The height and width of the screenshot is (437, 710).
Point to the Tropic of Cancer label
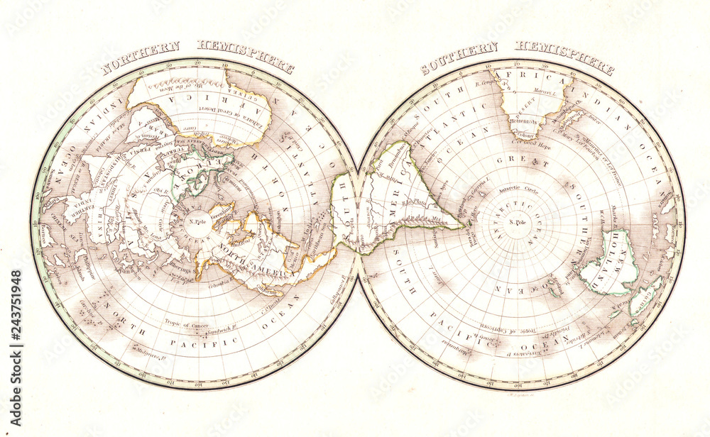183,325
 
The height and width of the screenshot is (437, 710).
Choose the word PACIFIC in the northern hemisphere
198,341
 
